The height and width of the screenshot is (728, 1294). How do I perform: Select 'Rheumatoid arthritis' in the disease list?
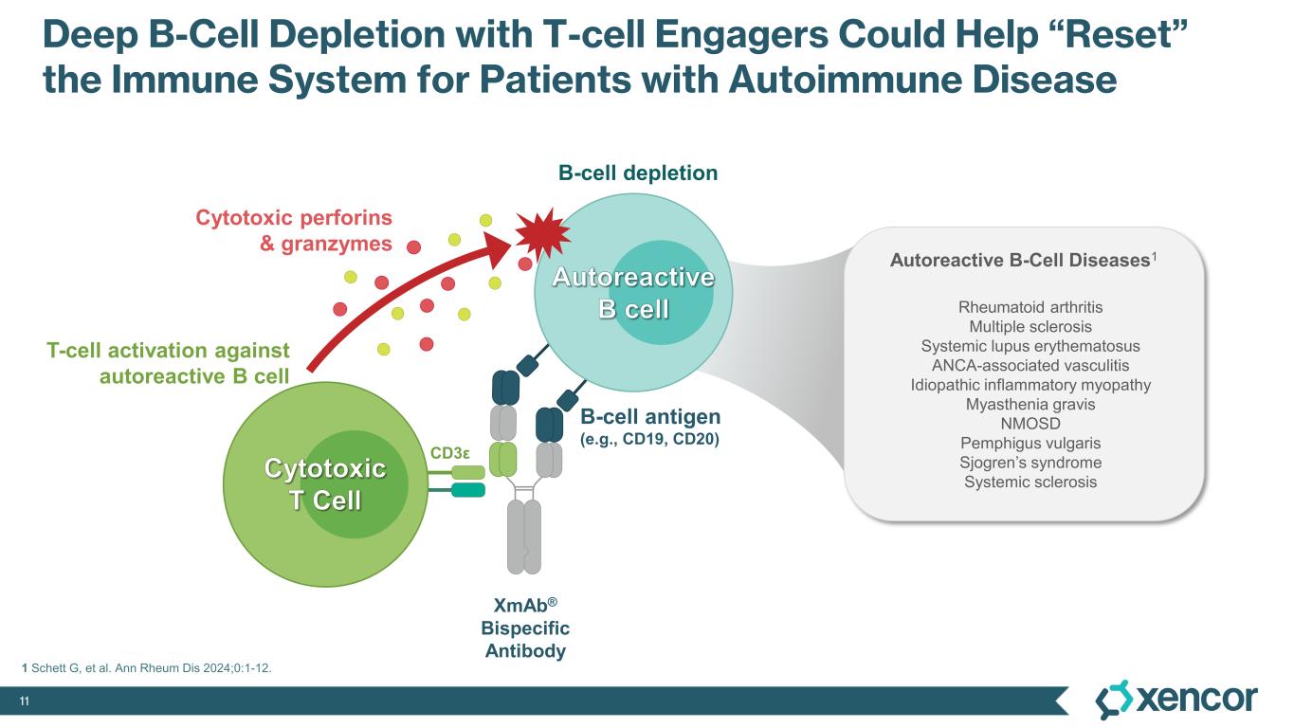1030,307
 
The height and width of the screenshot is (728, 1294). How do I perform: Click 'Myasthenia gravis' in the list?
1030,405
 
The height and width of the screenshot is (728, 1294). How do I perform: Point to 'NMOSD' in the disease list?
1030,424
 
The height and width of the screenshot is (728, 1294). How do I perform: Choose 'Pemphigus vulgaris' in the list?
1030,444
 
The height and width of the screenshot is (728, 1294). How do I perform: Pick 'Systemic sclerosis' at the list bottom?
1030,482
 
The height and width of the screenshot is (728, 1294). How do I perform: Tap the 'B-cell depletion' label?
637,173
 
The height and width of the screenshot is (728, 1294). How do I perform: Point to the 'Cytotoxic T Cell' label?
324,483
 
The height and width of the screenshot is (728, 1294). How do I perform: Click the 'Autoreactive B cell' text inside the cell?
633,293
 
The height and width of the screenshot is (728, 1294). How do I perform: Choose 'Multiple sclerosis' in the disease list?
1030,327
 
